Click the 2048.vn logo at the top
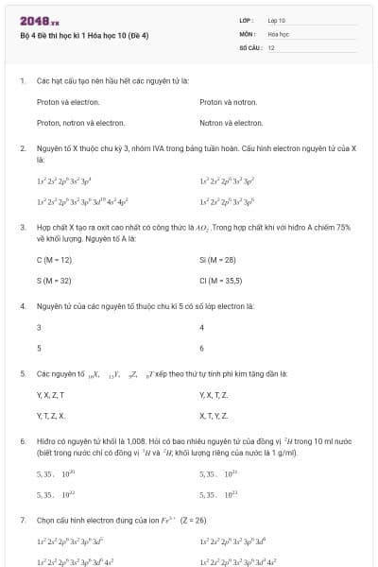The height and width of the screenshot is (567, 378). pos(40,20)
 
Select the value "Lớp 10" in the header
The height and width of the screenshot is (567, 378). pos(276,20)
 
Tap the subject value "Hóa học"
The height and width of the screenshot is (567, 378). pos(278,33)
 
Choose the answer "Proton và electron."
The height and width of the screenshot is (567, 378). pos(68,101)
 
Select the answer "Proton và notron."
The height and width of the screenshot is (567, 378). pos(228,101)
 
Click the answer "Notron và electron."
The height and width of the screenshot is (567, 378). pos(231,123)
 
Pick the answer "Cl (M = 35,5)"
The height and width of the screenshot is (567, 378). pos(220,281)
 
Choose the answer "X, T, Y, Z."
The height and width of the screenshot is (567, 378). pos(214,416)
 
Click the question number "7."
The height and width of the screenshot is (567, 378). pos(22,520)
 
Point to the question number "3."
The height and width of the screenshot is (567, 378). pos(22,227)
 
